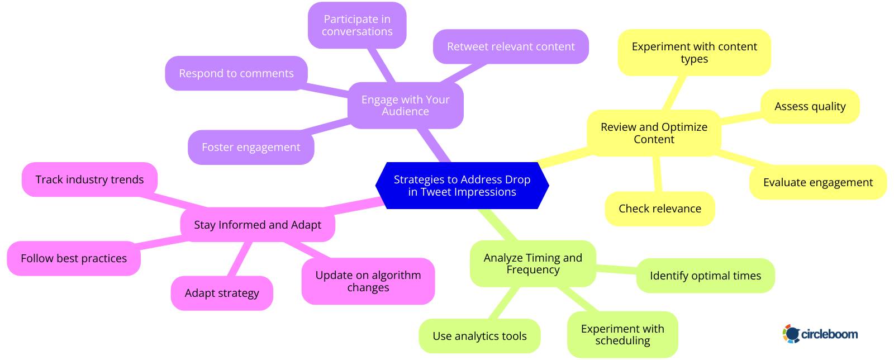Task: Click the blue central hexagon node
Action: coord(462,186)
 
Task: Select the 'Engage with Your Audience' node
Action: coord(405,105)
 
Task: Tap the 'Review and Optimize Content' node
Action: coord(654,133)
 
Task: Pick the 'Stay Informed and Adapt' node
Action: coord(257,225)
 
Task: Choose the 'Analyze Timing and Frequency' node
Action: coord(532,263)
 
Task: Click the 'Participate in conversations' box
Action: coord(357,25)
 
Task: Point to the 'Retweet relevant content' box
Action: coord(511,46)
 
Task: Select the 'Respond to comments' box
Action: coord(236,73)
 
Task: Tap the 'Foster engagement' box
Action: coord(251,147)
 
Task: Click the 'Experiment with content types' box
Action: coord(694,53)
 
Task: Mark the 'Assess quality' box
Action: coord(810,106)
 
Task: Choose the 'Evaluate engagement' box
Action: coord(817,182)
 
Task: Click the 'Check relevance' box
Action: coord(659,209)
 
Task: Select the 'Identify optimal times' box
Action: coord(705,276)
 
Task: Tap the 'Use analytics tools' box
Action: coord(479,336)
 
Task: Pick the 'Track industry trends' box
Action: coord(89,179)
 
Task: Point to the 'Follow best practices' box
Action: coord(74,258)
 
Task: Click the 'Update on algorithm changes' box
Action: coord(368,281)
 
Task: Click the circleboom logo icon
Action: coord(791,334)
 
